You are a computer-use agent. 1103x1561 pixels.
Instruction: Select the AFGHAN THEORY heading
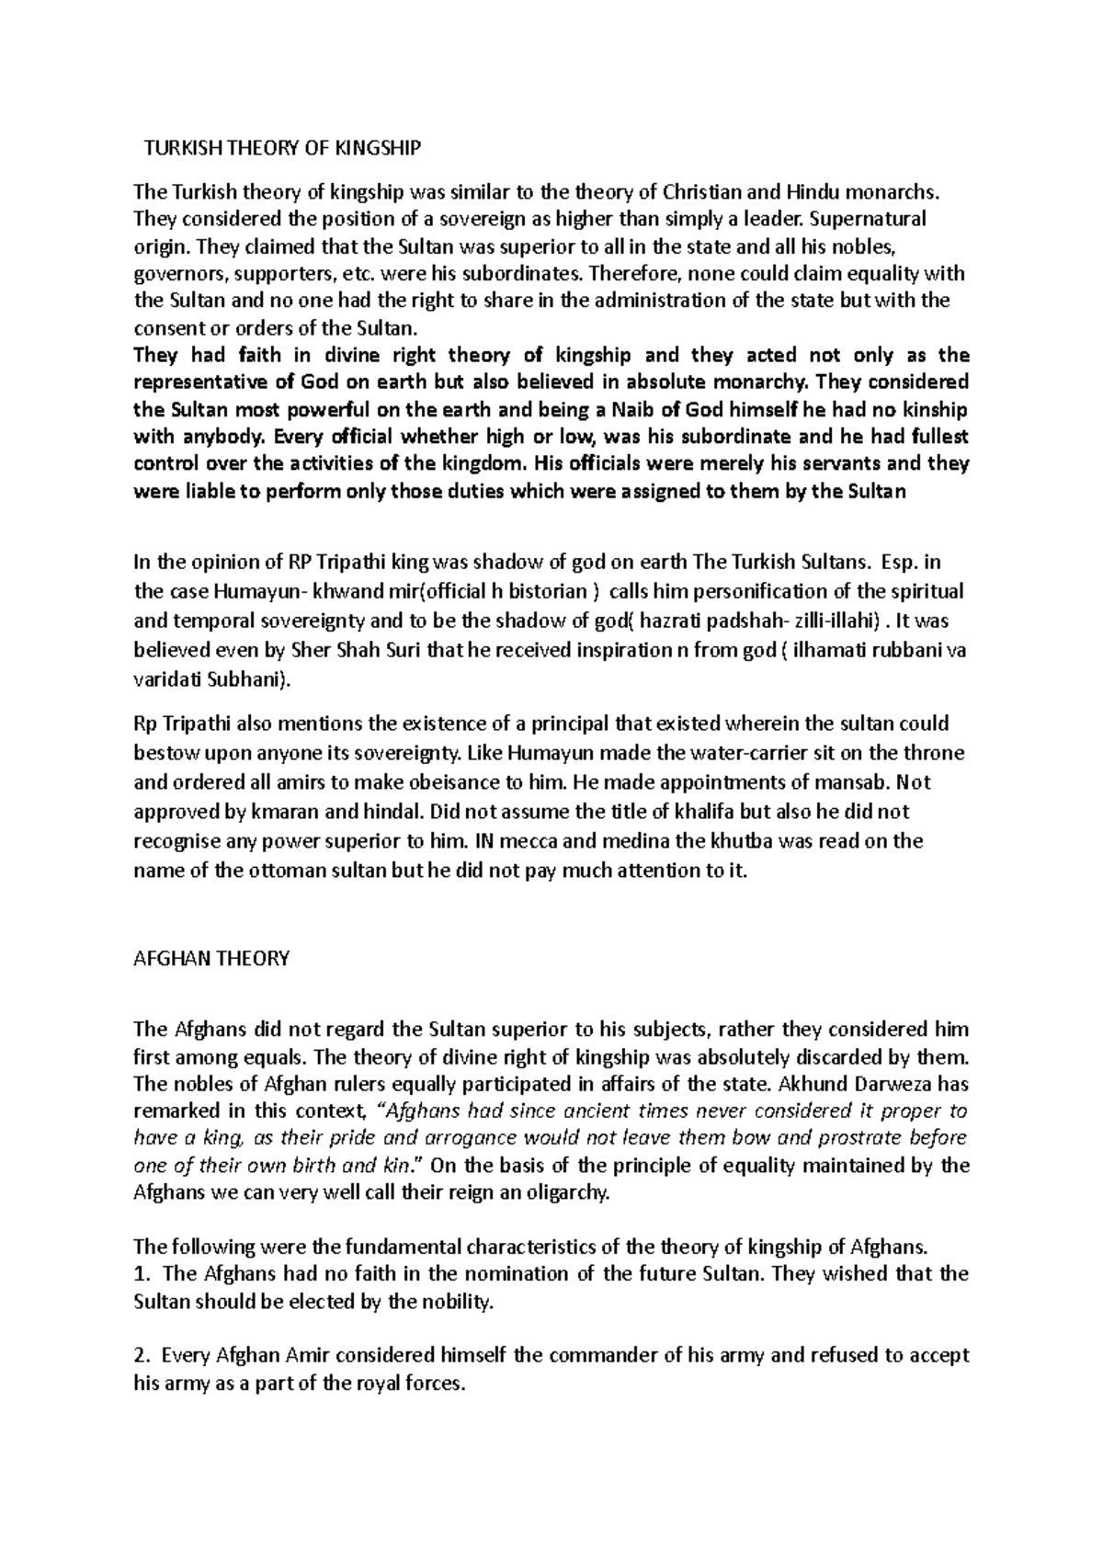pyautogui.click(x=211, y=958)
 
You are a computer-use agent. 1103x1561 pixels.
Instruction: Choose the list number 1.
pyautogui.click(x=140, y=1274)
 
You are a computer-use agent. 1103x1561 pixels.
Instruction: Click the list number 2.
pyautogui.click(x=140, y=1355)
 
